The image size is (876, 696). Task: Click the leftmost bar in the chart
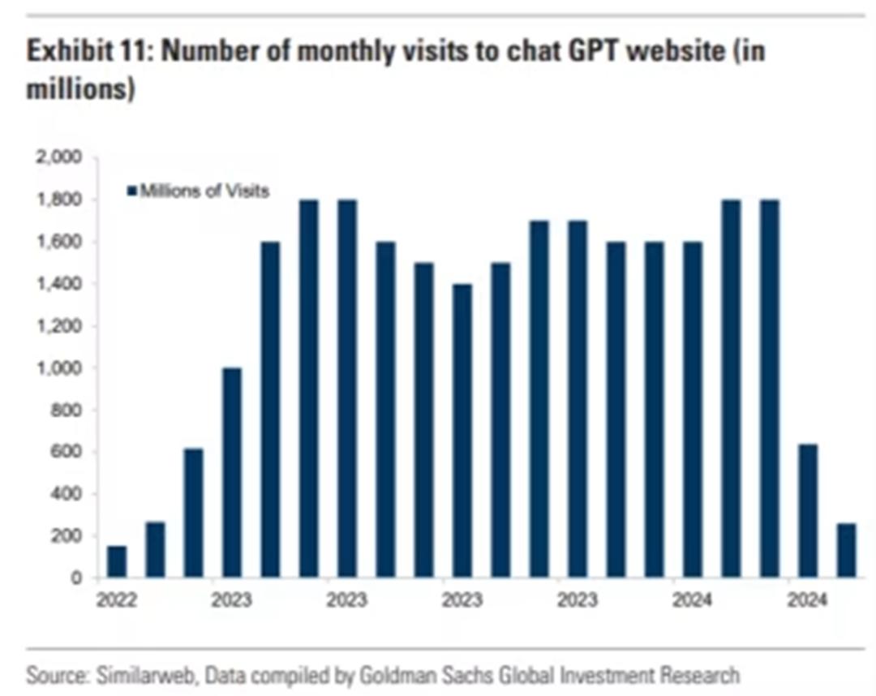pyautogui.click(x=117, y=561)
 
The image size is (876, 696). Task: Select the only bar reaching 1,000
pyautogui.click(x=231, y=472)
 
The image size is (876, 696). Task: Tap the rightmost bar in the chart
pyautogui.click(x=846, y=551)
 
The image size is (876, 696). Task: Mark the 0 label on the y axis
pyautogui.click(x=77, y=578)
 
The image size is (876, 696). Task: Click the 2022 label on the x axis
pyautogui.click(x=117, y=601)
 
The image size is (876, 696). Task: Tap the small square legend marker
pyautogui.click(x=131, y=191)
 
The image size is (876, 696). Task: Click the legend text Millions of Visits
pyautogui.click(x=204, y=191)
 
